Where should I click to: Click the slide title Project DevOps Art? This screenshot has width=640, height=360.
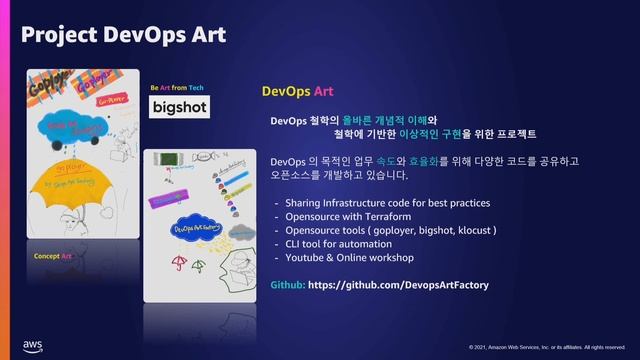(123, 35)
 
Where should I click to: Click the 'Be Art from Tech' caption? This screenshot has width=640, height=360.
(178, 87)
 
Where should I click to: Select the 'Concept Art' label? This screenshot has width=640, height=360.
(53, 256)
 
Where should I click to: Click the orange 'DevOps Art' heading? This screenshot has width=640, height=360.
(297, 91)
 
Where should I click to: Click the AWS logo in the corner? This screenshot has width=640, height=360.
(32, 344)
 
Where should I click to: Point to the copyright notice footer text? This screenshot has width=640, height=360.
(547, 347)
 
